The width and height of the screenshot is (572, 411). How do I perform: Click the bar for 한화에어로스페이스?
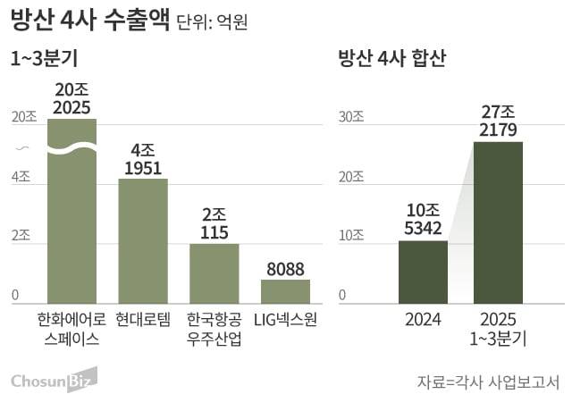(x=71, y=214)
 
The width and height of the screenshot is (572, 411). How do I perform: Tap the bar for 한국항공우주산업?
(x=214, y=273)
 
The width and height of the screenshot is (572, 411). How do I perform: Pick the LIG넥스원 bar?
(x=285, y=291)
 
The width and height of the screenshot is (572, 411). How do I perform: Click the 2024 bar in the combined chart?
(x=423, y=273)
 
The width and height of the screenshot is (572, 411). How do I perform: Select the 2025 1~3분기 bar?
(x=498, y=223)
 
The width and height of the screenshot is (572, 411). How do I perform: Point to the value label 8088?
(x=285, y=269)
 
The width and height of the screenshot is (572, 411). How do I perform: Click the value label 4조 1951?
(x=143, y=159)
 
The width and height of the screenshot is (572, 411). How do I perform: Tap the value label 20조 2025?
(x=71, y=99)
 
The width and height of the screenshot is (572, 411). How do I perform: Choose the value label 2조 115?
(x=214, y=223)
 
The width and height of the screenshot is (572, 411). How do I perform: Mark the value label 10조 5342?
(x=423, y=220)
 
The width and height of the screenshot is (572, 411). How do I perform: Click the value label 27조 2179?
(x=498, y=122)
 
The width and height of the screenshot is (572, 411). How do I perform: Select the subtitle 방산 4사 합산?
(x=391, y=60)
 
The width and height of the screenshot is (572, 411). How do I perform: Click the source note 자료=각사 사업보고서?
(x=487, y=382)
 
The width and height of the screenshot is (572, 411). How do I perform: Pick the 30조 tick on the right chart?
(x=351, y=117)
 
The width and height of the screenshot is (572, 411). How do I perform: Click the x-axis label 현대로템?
(x=143, y=319)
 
